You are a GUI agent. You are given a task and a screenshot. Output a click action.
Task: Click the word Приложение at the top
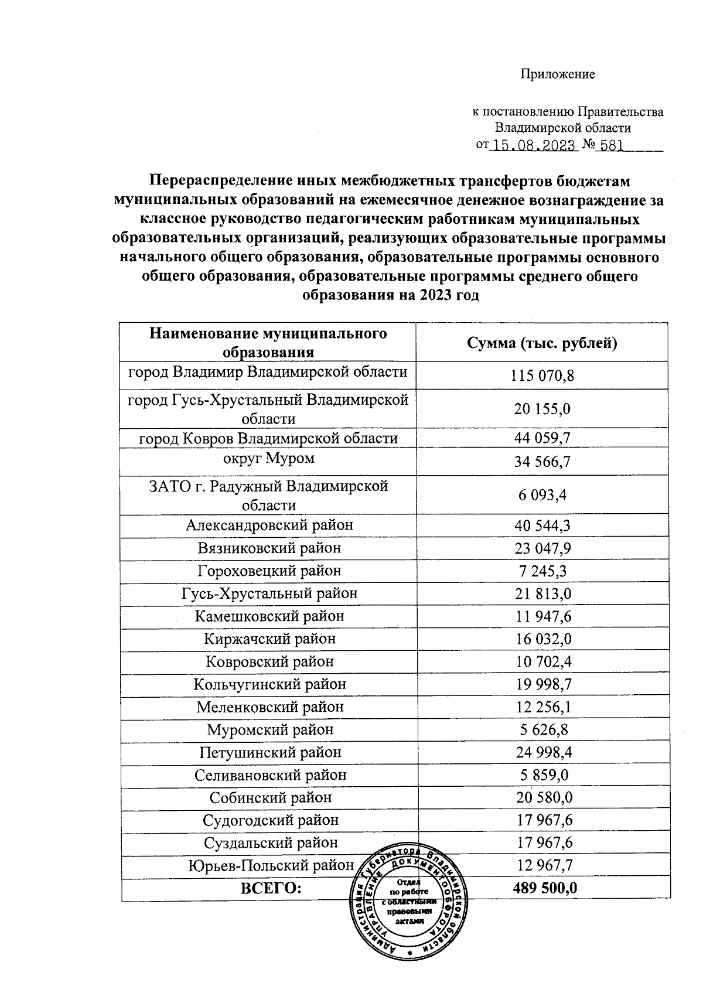[557, 74]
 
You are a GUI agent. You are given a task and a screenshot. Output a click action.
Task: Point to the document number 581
[612, 146]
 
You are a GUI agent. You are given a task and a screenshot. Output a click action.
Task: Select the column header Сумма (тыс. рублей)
[542, 343]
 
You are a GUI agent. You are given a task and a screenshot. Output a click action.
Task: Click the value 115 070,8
[542, 376]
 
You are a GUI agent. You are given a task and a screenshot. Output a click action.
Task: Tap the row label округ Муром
[269, 458]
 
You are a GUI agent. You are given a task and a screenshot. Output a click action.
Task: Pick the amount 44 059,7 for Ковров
[542, 438]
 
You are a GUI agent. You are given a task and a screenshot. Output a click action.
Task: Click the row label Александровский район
[269, 525]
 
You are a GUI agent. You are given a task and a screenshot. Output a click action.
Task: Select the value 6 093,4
[542, 496]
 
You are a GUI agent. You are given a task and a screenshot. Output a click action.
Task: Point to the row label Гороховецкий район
[269, 571]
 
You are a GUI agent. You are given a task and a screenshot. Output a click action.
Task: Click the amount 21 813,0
[543, 594]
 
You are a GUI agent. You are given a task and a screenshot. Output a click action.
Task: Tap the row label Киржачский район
[269, 639]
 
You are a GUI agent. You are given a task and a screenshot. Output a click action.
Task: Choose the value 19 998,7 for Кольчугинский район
[543, 685]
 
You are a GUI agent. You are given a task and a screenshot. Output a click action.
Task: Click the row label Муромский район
[270, 730]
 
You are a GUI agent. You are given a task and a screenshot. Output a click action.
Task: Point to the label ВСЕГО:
[271, 888]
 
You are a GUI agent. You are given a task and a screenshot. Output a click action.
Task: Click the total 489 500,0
[545, 888]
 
